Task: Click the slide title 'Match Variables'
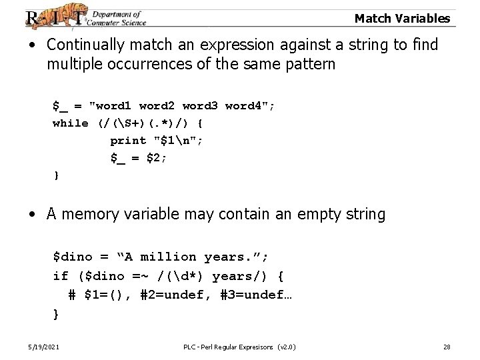[402, 19]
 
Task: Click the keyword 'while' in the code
[71, 123]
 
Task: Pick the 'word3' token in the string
[200, 105]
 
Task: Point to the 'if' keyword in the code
[60, 275]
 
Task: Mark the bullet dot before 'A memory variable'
[32, 215]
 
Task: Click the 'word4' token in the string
[243, 105]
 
